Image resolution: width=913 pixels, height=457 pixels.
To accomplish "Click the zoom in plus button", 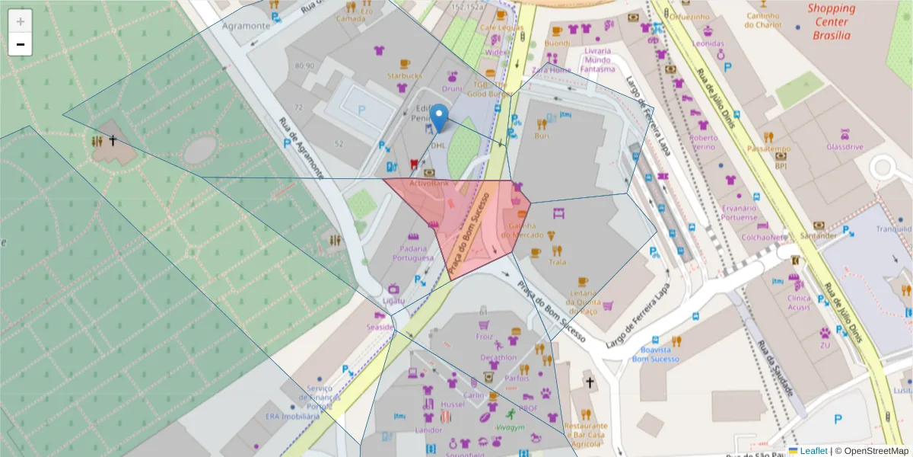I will click(x=21, y=21).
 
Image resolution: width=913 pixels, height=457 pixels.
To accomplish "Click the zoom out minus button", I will click(x=21, y=45).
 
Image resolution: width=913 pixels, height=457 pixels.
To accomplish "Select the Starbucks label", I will click(x=404, y=75).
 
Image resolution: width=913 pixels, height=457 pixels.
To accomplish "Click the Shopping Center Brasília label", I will click(x=831, y=22).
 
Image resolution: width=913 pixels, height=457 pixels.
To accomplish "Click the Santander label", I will click(x=819, y=235).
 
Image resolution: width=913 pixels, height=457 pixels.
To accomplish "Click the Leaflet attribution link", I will click(x=813, y=451).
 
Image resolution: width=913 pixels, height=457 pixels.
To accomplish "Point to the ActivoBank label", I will click(x=430, y=184).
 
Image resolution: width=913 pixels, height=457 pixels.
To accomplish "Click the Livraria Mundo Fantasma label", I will click(x=597, y=59).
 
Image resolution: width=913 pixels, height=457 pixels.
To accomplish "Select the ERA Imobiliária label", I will click(x=291, y=417).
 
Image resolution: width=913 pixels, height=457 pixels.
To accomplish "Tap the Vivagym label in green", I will click(x=510, y=427).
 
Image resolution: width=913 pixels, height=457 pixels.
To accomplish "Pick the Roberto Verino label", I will click(x=702, y=142).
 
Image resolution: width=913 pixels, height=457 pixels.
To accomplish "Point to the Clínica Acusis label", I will click(x=799, y=302).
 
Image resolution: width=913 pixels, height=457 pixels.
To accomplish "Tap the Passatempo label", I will click(x=769, y=149).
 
